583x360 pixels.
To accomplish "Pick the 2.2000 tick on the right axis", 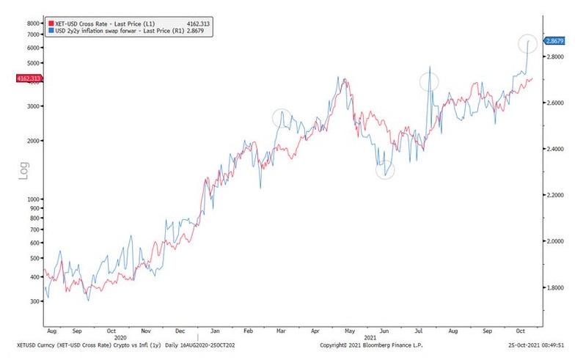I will coord(560,195).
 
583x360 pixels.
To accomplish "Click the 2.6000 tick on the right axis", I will coord(560,103).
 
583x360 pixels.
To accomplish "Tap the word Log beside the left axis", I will coord(23,171).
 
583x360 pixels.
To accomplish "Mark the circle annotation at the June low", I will coord(385,170).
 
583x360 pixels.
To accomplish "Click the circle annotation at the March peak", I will coord(282,117).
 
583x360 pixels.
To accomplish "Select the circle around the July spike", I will coord(429,81).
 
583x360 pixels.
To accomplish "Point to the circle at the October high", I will coord(527,43).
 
